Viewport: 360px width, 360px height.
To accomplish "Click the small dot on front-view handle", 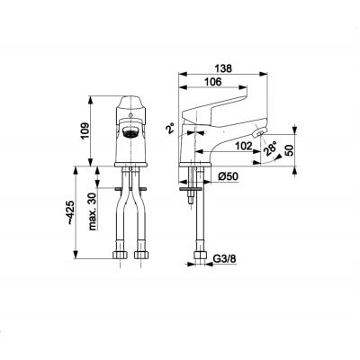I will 130,114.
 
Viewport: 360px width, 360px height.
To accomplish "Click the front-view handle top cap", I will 130,101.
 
